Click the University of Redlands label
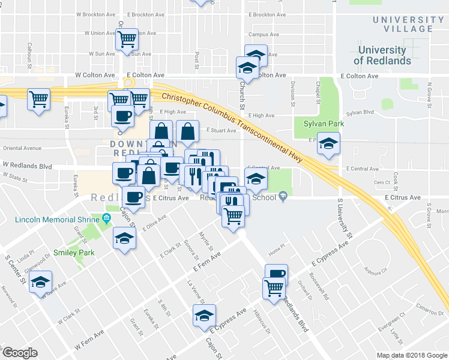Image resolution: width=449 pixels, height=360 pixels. pos(382,55)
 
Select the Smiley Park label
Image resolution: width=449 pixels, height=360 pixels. pos(74,253)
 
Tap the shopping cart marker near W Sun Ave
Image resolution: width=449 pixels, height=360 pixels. pos(127,40)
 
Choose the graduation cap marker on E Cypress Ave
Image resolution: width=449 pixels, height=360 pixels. pos(204,315)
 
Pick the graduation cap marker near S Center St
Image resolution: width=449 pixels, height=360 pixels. pos(40,283)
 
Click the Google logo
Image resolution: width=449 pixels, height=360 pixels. pos(20,353)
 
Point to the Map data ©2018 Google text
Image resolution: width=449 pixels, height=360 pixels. pos(412,355)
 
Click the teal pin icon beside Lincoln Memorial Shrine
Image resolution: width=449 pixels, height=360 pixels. pos(106,218)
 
